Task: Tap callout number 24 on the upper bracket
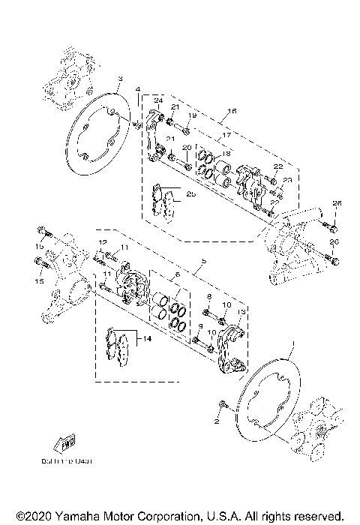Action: [x=158, y=100]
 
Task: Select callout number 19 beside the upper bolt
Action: [x=192, y=115]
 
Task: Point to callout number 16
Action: [x=231, y=110]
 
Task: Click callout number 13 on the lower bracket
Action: [x=241, y=312]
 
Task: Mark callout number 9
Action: [x=201, y=326]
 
